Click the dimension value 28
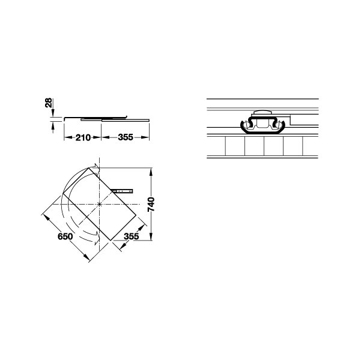tap(49, 103)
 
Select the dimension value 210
tap(83, 137)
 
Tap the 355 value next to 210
tap(126, 137)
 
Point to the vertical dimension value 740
tap(151, 205)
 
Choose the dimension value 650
tap(65, 236)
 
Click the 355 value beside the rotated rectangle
tap(132, 236)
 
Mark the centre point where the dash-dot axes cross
tap(99, 204)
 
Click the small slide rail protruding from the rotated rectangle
tap(121, 191)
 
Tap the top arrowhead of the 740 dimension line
tap(151, 172)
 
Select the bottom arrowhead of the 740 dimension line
tap(151, 236)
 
